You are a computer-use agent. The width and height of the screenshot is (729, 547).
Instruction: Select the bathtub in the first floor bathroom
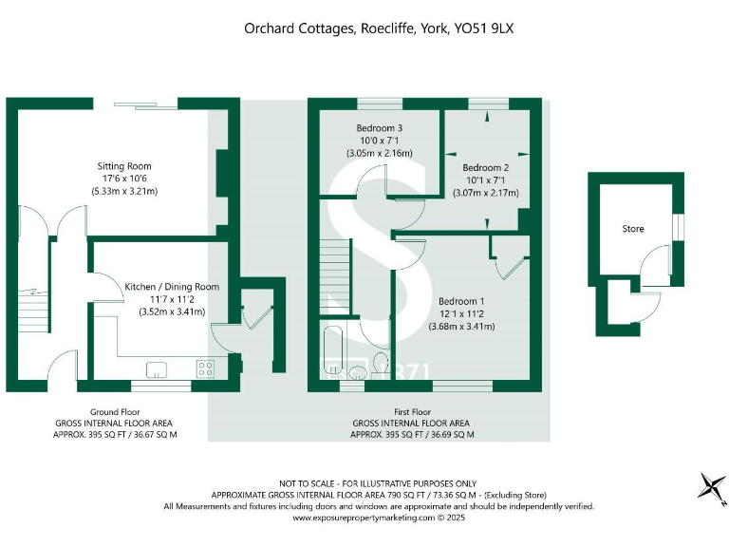(334, 352)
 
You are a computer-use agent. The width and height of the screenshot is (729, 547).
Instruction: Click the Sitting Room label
(124, 166)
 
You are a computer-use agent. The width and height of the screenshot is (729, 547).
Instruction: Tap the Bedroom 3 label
(380, 128)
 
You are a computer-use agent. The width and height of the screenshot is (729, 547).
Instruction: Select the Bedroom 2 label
(486, 168)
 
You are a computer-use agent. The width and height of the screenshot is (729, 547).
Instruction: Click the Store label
(633, 228)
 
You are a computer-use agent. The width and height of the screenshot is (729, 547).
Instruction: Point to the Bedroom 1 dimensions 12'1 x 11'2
(462, 314)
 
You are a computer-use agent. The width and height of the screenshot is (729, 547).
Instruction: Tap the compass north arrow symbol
(709, 486)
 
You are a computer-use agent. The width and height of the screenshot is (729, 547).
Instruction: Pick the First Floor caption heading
(411, 413)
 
